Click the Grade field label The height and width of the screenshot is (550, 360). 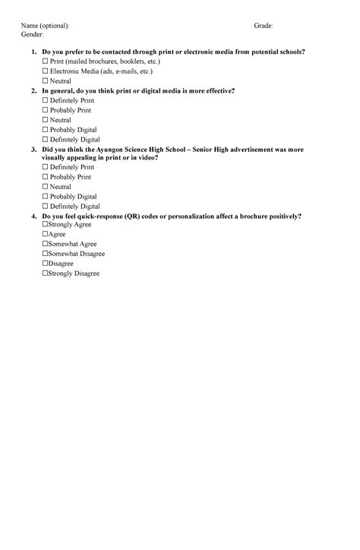(x=263, y=26)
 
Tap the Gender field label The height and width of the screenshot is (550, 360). (x=32, y=35)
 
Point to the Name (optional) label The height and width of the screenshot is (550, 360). (x=45, y=26)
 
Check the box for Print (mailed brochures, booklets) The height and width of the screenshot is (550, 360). (x=45, y=61)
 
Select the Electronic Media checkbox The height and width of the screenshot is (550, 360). (x=45, y=71)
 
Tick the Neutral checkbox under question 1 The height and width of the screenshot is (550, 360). (x=45, y=81)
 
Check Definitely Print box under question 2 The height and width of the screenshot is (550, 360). (x=45, y=100)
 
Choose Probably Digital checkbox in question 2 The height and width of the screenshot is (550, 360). (x=45, y=130)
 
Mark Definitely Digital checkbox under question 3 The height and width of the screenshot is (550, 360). (x=45, y=207)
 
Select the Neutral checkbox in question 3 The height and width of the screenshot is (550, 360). (x=45, y=187)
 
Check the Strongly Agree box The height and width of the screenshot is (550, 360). (x=45, y=225)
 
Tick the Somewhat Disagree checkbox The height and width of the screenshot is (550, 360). (x=45, y=254)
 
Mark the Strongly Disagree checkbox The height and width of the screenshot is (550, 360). (x=45, y=273)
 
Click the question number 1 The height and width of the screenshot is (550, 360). (x=33, y=51)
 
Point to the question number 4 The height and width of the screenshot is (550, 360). (x=33, y=217)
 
